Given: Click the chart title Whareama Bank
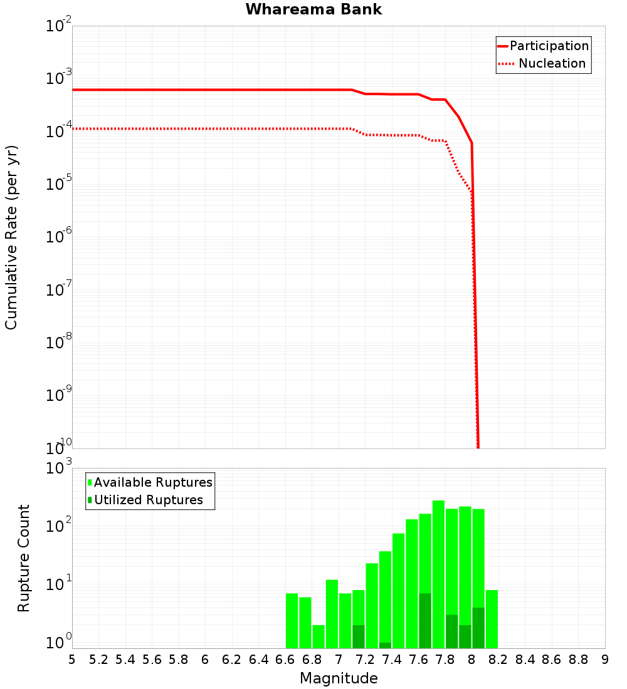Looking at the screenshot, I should [x=313, y=9].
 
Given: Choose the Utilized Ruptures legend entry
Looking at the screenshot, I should [x=148, y=500].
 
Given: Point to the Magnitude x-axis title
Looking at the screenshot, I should [x=339, y=678].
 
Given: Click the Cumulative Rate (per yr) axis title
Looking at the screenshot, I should [x=11, y=237].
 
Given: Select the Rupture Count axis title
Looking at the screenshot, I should [x=24, y=558].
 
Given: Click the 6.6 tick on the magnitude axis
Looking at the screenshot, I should [x=285, y=660].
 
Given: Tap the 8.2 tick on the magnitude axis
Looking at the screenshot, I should [x=498, y=660].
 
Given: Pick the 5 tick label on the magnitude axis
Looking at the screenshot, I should [x=72, y=660].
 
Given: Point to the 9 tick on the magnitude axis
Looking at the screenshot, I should [x=605, y=660].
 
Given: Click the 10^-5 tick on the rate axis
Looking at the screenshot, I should [x=56, y=185].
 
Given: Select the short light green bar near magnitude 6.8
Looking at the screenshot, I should [x=319, y=636].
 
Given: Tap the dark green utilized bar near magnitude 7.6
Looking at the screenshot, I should [x=425, y=620].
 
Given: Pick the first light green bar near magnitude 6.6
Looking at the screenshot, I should [x=292, y=620].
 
